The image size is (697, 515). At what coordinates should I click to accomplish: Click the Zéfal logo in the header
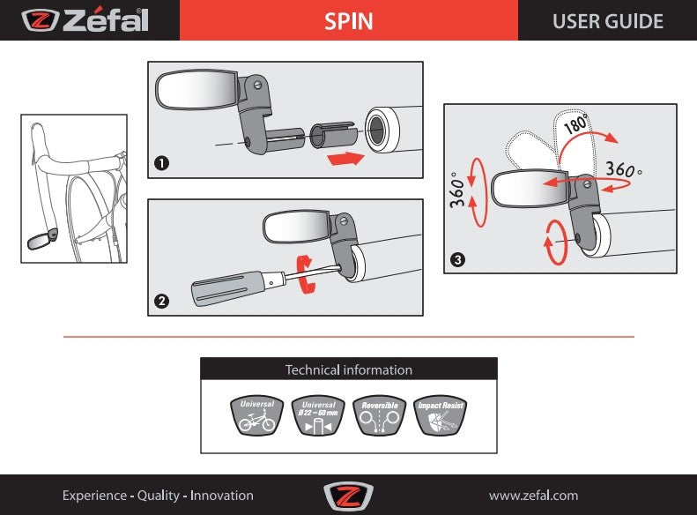click(x=85, y=20)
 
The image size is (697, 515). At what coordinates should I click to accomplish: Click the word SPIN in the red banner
click(x=348, y=21)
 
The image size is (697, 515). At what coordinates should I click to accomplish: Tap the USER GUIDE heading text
click(x=607, y=21)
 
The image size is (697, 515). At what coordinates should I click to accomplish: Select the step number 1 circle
click(x=161, y=163)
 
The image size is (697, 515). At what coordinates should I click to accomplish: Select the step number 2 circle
click(x=161, y=301)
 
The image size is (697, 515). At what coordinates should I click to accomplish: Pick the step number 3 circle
click(x=457, y=259)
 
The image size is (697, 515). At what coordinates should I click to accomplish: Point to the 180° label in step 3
click(x=575, y=123)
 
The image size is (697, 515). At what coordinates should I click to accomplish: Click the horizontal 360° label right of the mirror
click(x=627, y=168)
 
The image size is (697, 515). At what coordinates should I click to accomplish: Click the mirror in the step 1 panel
click(x=196, y=90)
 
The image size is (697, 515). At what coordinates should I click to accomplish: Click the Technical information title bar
click(x=349, y=369)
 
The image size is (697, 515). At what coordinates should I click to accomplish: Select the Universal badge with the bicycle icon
click(x=257, y=416)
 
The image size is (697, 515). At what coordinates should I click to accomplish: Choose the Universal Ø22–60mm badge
click(x=319, y=416)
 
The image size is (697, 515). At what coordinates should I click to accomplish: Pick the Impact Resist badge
click(x=441, y=416)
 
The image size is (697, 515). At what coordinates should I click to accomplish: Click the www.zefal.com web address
click(x=533, y=496)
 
